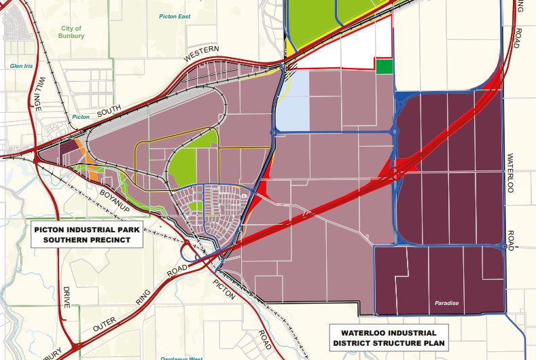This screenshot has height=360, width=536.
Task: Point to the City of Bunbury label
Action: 71,32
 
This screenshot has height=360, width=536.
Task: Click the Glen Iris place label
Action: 21,66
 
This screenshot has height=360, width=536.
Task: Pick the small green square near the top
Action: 385,67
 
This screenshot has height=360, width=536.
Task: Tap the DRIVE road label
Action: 67,297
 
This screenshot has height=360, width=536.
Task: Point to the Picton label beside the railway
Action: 81,117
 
